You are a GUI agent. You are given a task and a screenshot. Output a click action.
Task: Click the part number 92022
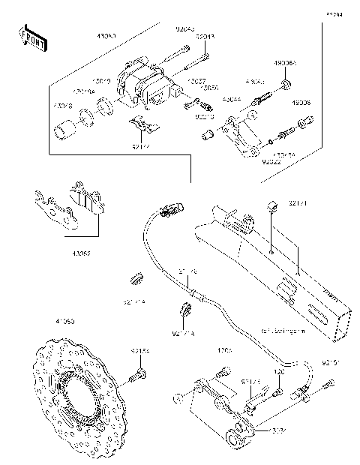(272, 160)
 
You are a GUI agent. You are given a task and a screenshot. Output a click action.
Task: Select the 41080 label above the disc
(43, 321)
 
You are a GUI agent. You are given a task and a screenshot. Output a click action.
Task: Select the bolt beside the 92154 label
(140, 371)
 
